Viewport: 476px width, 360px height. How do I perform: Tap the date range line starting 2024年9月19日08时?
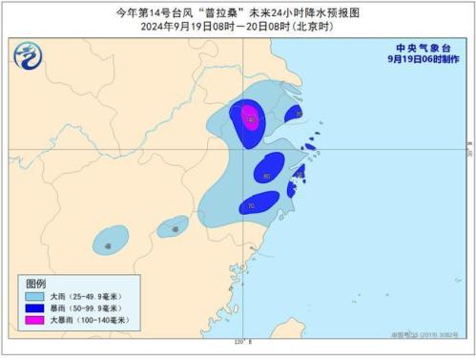point(238,27)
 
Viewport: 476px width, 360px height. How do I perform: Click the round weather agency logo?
point(28,57)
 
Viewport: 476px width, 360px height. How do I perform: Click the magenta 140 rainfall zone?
point(250,118)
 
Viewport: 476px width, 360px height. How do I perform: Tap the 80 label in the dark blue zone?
point(267,175)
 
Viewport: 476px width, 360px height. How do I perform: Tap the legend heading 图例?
point(35,284)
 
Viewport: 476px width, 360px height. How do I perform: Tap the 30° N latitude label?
point(469,153)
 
